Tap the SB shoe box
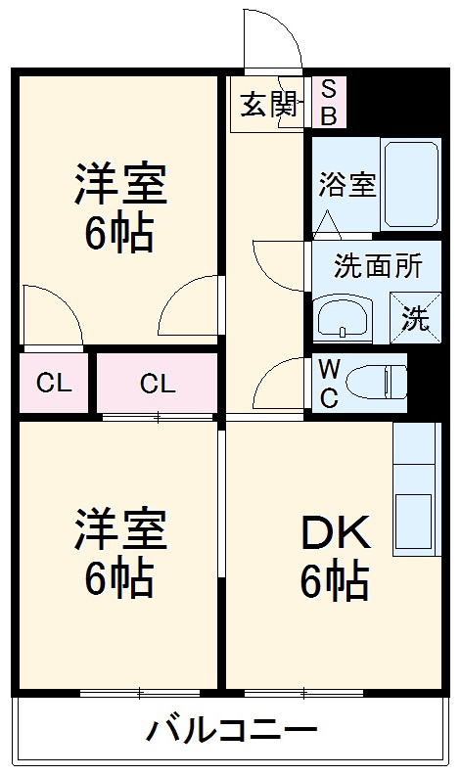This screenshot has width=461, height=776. (x=328, y=103)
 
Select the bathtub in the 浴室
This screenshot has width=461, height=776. (x=410, y=184)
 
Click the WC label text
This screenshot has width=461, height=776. (x=330, y=383)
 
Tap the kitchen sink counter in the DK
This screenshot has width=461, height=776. (x=414, y=489)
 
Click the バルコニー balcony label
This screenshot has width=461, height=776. (x=232, y=730)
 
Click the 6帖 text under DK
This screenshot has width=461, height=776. (x=335, y=583)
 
